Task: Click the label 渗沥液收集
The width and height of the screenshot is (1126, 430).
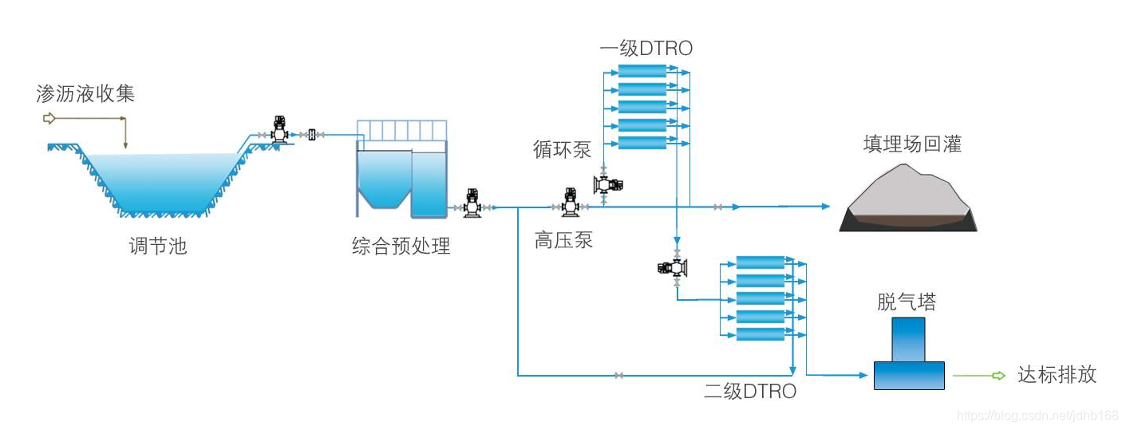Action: pos(85,93)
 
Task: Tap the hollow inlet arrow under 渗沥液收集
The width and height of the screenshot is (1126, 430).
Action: pos(49,119)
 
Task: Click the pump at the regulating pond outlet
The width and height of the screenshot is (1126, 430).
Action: pos(280,130)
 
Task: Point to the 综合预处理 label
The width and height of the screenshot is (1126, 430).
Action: pos(401,246)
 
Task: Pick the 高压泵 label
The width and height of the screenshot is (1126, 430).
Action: pos(563,239)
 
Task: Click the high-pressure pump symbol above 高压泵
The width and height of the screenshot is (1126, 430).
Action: pos(571,203)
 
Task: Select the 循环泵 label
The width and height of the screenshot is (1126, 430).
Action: pos(562,149)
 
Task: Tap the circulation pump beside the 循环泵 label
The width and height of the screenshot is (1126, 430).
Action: pos(607,184)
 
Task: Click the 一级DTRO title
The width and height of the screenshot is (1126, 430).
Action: pos(646,49)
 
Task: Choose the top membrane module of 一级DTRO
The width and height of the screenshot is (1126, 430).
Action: pos(642,70)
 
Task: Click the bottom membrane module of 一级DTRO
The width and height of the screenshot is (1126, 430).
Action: pos(642,143)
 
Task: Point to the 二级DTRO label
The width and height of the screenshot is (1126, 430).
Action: pos(749,391)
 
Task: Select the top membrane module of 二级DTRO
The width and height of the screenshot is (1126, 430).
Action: pos(760,262)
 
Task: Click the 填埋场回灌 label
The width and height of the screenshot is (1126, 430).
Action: pos(912,144)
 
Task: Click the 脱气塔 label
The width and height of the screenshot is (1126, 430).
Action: pos(907,302)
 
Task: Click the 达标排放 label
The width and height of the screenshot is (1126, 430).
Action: pos(1057,374)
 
